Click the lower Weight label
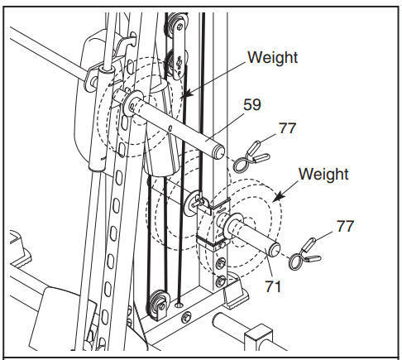click(323, 175)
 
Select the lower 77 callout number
click(345, 225)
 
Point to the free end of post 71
click(274, 246)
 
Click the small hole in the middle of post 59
click(169, 128)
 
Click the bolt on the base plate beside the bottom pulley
click(188, 314)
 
